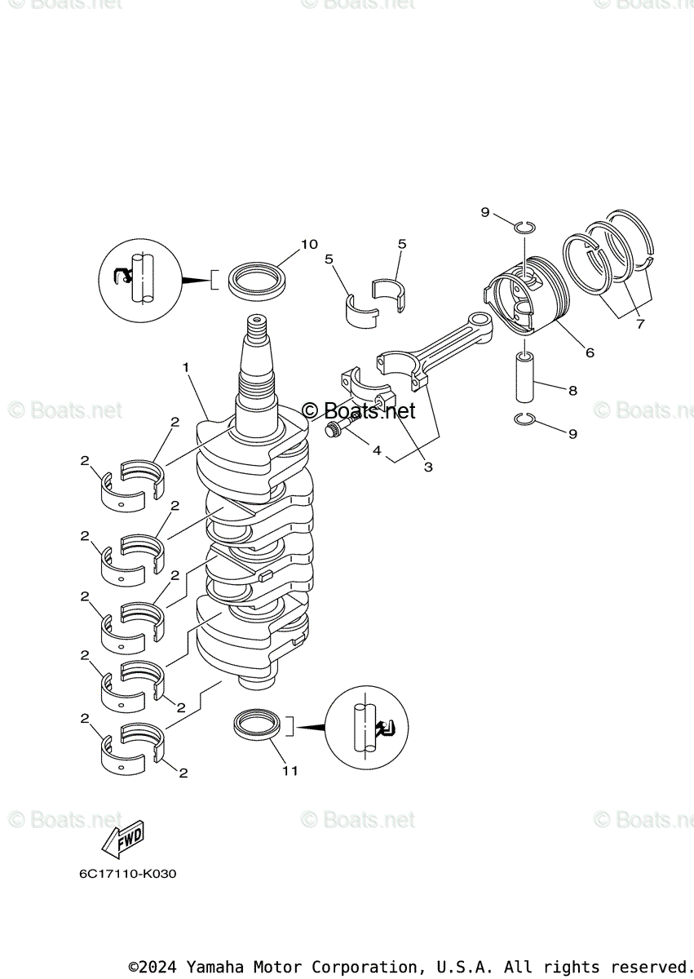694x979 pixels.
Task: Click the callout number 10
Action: (309, 244)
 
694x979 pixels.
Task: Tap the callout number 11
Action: (290, 770)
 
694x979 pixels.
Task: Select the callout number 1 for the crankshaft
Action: (186, 368)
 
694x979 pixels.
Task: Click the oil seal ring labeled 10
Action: (258, 280)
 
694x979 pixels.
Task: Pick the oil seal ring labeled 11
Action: (259, 724)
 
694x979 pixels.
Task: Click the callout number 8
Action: (572, 391)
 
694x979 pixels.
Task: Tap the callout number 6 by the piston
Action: (589, 352)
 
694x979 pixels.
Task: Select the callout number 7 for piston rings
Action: (640, 324)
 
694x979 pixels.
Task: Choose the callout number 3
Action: (427, 467)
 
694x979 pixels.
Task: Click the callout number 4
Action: (377, 450)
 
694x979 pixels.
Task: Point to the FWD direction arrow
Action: (122, 839)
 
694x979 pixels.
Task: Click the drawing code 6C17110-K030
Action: (127, 874)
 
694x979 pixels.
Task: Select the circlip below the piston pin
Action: (525, 419)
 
